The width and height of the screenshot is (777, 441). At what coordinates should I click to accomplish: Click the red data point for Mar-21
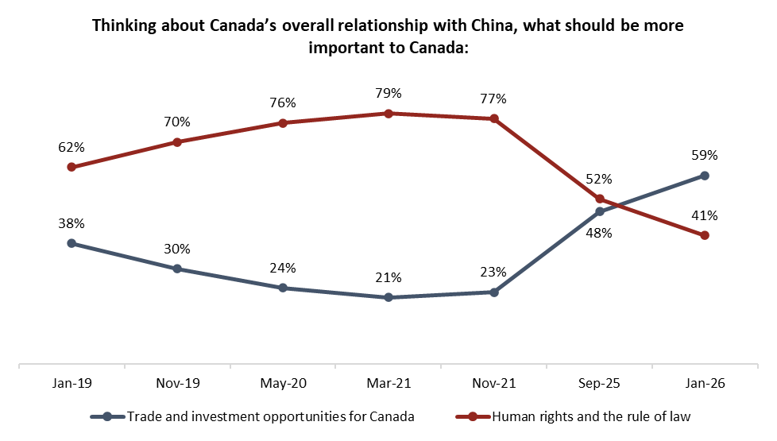pyautogui.click(x=388, y=114)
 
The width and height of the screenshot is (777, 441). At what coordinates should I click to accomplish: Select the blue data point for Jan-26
pyautogui.click(x=705, y=176)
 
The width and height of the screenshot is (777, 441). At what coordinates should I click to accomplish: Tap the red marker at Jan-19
pyautogui.click(x=72, y=167)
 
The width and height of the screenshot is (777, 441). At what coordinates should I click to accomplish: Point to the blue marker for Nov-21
pyautogui.click(x=494, y=292)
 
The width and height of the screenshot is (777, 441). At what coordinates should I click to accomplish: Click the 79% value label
pyautogui.click(x=388, y=94)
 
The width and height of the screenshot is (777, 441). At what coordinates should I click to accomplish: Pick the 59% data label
pyautogui.click(x=705, y=156)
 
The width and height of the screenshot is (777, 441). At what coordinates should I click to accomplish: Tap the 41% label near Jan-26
pyautogui.click(x=705, y=215)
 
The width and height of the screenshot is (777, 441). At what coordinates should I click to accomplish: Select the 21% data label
pyautogui.click(x=388, y=278)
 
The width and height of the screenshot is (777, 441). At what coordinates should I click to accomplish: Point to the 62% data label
pyautogui.click(x=72, y=147)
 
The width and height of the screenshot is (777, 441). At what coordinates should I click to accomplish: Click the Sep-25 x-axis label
pyautogui.click(x=599, y=383)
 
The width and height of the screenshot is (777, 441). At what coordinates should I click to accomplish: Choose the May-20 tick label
pyautogui.click(x=283, y=383)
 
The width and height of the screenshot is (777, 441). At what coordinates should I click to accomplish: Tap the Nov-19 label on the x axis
pyautogui.click(x=177, y=383)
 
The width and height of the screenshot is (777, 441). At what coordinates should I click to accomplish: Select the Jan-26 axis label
pyautogui.click(x=705, y=383)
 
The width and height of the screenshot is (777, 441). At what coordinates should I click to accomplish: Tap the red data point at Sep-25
pyautogui.click(x=600, y=199)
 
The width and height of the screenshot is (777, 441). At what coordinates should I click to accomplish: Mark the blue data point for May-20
pyautogui.click(x=283, y=288)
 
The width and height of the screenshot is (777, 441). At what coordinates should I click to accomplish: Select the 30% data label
pyautogui.click(x=177, y=249)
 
